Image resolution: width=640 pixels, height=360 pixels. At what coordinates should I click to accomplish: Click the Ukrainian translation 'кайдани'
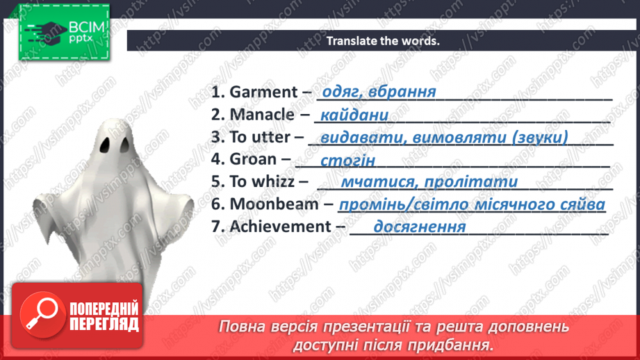coord(352,116)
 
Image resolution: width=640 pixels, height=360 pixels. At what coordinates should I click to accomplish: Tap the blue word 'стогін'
coord(348,161)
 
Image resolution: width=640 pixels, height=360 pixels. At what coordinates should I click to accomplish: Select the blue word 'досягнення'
coord(419,227)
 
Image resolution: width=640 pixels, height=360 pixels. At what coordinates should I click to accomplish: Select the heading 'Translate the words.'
coord(384,40)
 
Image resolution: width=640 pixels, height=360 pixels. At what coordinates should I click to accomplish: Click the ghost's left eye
coord(104,145)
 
